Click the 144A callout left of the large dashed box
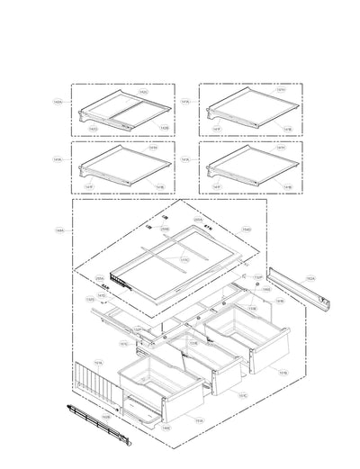(59, 230)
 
